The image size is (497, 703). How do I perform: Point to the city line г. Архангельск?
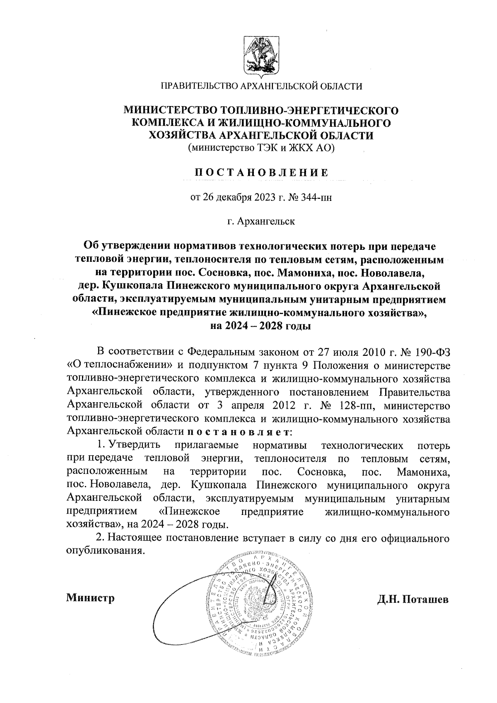pos(261,221)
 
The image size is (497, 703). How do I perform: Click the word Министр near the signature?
pos(90,598)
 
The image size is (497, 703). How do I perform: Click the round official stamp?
pos(262,601)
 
